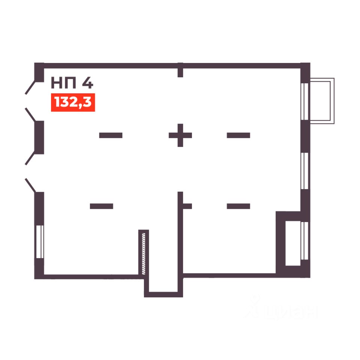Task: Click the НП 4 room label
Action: coord(72,82)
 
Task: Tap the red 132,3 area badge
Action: coord(73,102)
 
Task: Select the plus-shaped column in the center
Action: coord(180,135)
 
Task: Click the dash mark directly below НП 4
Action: coord(111,135)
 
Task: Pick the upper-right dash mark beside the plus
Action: coord(238,135)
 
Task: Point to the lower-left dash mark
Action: coord(101,206)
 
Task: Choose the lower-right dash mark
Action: coord(238,206)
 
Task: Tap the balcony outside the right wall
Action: coord(322,100)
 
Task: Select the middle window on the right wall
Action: coord(305,171)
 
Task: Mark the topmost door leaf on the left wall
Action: coord(30,87)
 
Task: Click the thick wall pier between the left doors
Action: coord(39,137)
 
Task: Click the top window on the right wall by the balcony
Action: coord(305,100)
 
